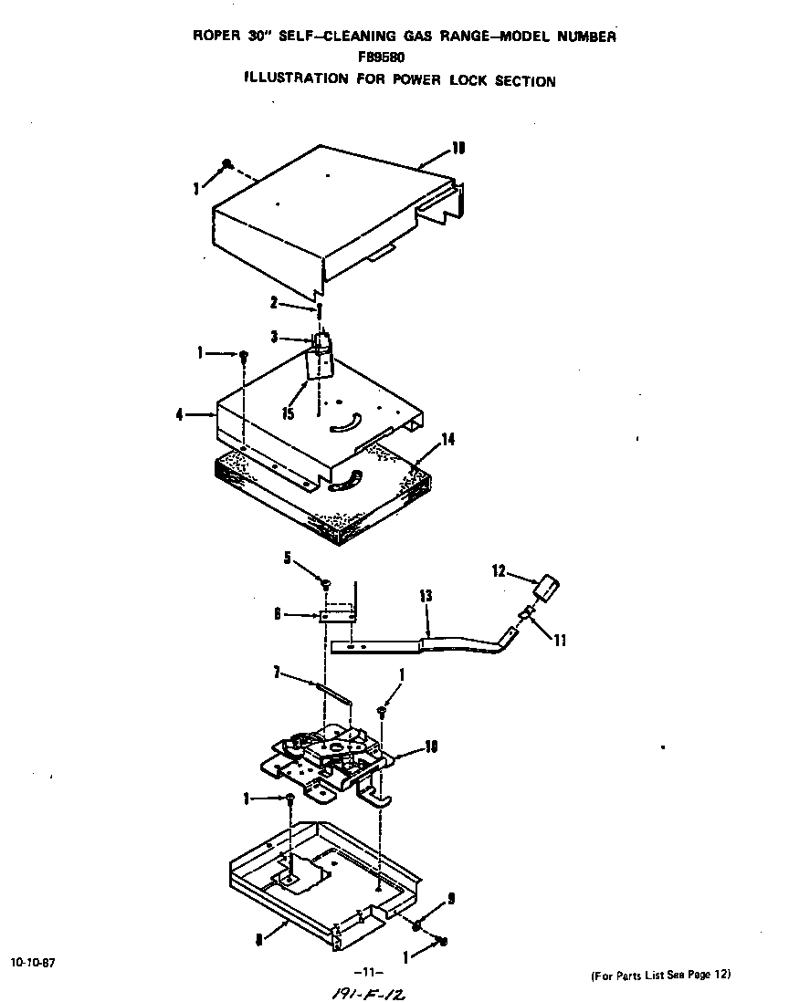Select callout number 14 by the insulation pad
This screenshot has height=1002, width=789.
[447, 440]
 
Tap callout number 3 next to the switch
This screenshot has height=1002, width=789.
[273, 338]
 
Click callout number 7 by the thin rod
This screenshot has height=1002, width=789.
[275, 673]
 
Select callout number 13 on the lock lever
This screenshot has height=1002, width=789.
[425, 596]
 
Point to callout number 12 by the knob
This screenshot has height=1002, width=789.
[498, 571]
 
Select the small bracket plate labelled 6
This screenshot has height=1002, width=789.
[339, 616]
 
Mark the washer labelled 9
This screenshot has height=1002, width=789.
[416, 926]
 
